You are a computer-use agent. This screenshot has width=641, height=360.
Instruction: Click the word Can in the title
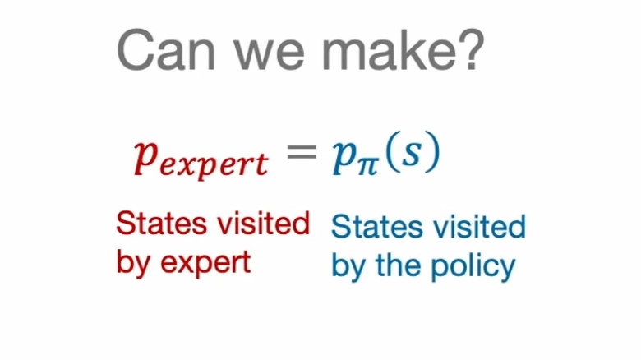(x=166, y=51)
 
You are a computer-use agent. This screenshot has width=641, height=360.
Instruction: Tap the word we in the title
(x=270, y=56)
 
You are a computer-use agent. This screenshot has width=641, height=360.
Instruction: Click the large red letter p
(x=146, y=158)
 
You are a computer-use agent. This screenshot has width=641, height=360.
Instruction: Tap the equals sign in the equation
(x=302, y=152)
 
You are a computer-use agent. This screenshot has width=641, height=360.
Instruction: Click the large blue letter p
(x=344, y=158)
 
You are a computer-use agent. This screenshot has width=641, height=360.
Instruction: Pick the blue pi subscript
(x=367, y=167)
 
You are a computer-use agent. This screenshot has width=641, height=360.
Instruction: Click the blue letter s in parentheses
(x=411, y=154)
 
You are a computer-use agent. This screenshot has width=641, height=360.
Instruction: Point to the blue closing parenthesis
(x=432, y=152)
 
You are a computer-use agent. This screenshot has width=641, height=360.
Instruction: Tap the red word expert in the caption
(x=205, y=264)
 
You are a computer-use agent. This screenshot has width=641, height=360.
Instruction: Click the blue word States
(x=376, y=227)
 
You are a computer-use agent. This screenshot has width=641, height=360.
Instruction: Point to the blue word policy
(x=473, y=267)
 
